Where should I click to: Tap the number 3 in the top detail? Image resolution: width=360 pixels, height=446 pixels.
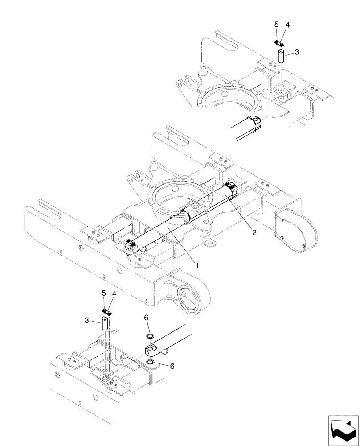pos(297,53)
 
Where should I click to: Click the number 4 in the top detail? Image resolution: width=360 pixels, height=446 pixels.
pos(287,25)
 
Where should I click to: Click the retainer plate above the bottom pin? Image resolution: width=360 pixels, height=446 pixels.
pos(106,311)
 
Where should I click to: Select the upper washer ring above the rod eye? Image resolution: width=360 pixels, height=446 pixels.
pos(150,335)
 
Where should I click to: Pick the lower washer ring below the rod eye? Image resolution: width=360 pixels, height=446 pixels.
pos(151,363)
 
